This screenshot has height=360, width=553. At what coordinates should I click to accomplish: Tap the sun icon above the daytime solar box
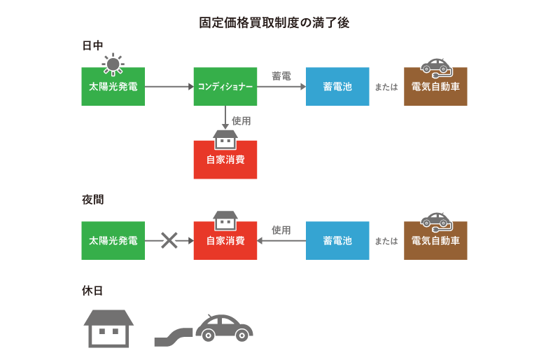(x=112, y=63)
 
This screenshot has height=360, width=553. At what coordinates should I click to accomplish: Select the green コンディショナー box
(x=225, y=87)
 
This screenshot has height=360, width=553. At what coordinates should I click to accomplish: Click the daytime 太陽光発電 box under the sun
(x=113, y=87)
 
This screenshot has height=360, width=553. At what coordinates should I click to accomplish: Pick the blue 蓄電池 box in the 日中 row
(x=337, y=87)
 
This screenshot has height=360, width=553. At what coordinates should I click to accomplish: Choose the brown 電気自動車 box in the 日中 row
(x=435, y=87)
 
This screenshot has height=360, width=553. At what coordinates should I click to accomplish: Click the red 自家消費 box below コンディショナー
(x=225, y=160)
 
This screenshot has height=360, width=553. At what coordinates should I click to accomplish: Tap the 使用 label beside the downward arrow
(x=241, y=120)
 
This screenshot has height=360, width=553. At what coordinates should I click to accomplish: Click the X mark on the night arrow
(x=169, y=240)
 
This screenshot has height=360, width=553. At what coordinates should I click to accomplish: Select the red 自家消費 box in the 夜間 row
(x=225, y=241)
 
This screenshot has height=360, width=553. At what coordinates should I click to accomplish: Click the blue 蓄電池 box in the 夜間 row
(x=337, y=241)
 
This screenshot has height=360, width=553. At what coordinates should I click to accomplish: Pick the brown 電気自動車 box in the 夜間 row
(x=435, y=241)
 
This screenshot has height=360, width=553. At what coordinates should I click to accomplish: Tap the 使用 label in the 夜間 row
(x=281, y=230)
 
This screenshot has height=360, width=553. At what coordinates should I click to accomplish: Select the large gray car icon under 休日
(x=223, y=327)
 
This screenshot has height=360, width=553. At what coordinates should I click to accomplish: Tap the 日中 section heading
(x=92, y=46)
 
